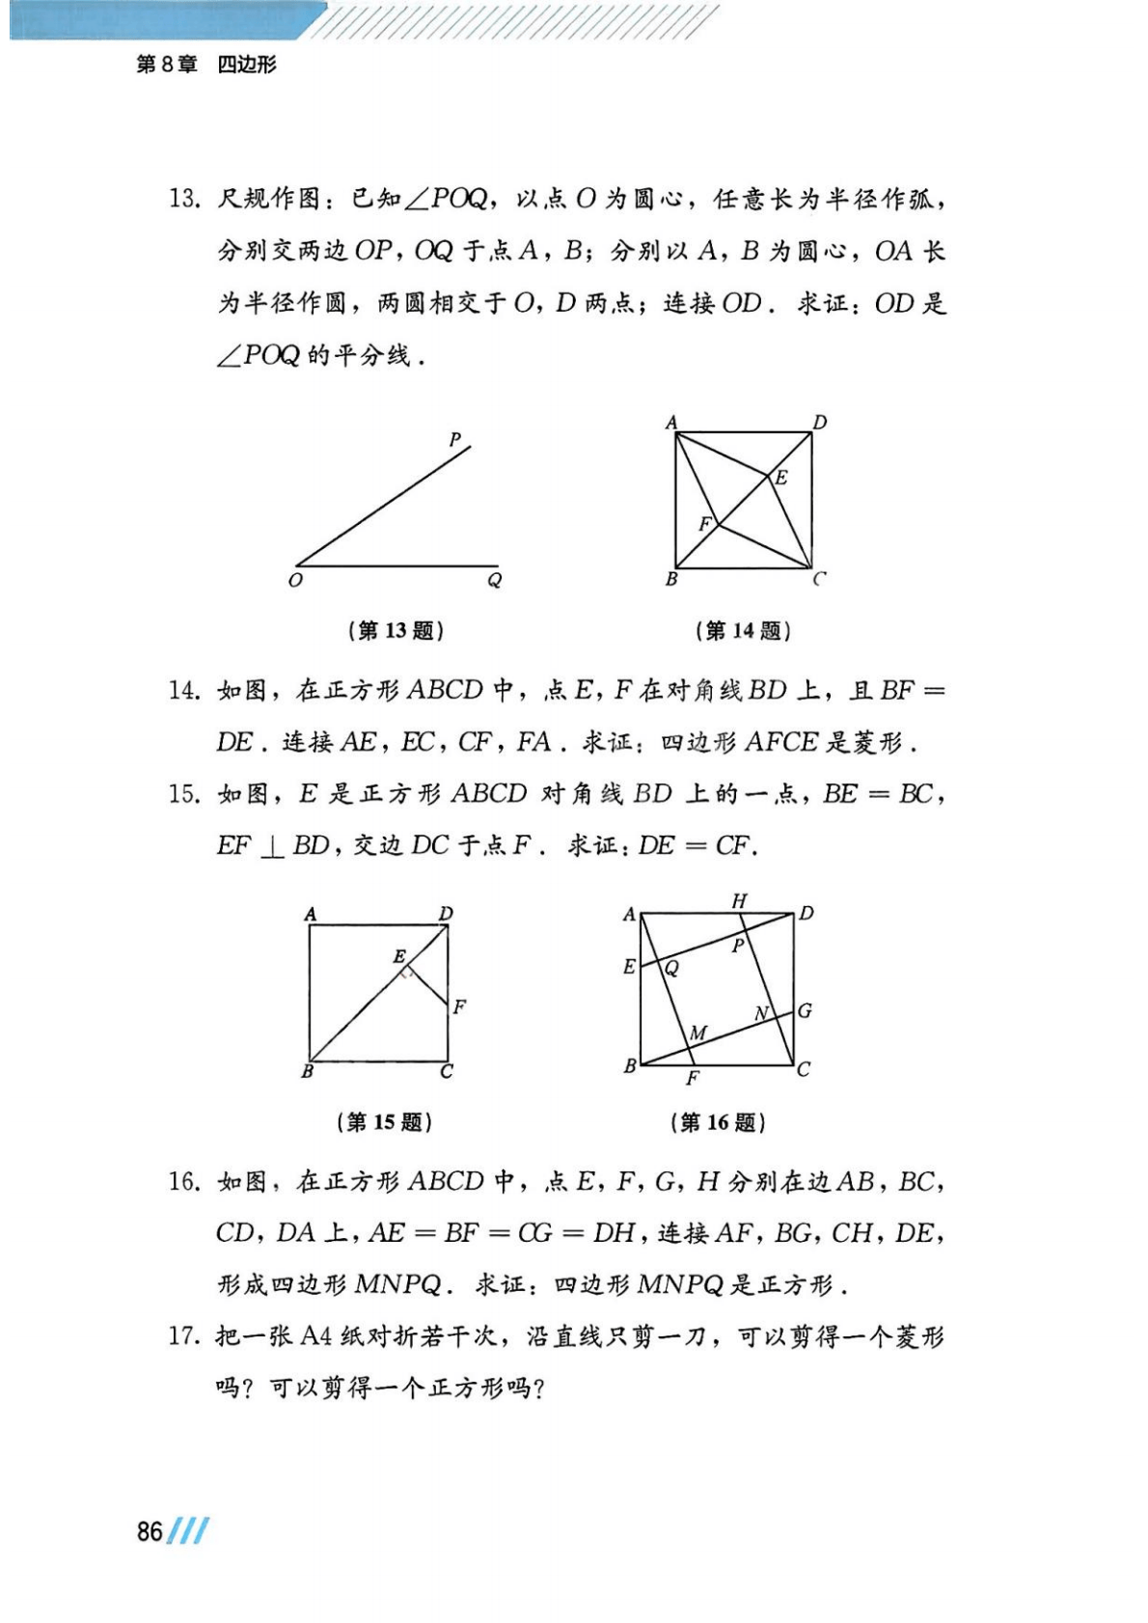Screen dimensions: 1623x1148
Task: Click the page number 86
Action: coord(150,1531)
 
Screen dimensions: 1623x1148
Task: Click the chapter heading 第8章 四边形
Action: coord(206,65)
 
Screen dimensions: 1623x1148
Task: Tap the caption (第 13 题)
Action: coord(395,631)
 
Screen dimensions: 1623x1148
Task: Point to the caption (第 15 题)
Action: coord(384,1122)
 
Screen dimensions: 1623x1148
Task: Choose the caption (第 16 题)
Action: coord(718,1122)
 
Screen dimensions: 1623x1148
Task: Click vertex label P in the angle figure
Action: coord(455,440)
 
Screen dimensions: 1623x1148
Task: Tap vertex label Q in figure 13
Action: coord(495,581)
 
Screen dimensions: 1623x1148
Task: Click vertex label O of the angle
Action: coord(295,581)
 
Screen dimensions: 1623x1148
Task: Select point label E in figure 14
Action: coord(781,478)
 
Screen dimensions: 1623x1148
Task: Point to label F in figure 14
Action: coord(704,524)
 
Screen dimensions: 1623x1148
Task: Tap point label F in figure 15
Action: coord(459,1006)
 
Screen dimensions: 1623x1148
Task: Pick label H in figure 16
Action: coord(739,901)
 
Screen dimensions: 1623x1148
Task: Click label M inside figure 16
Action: coord(698,1033)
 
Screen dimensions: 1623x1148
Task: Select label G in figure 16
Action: coord(805,1010)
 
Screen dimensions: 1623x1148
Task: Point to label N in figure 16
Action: coord(762,1014)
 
